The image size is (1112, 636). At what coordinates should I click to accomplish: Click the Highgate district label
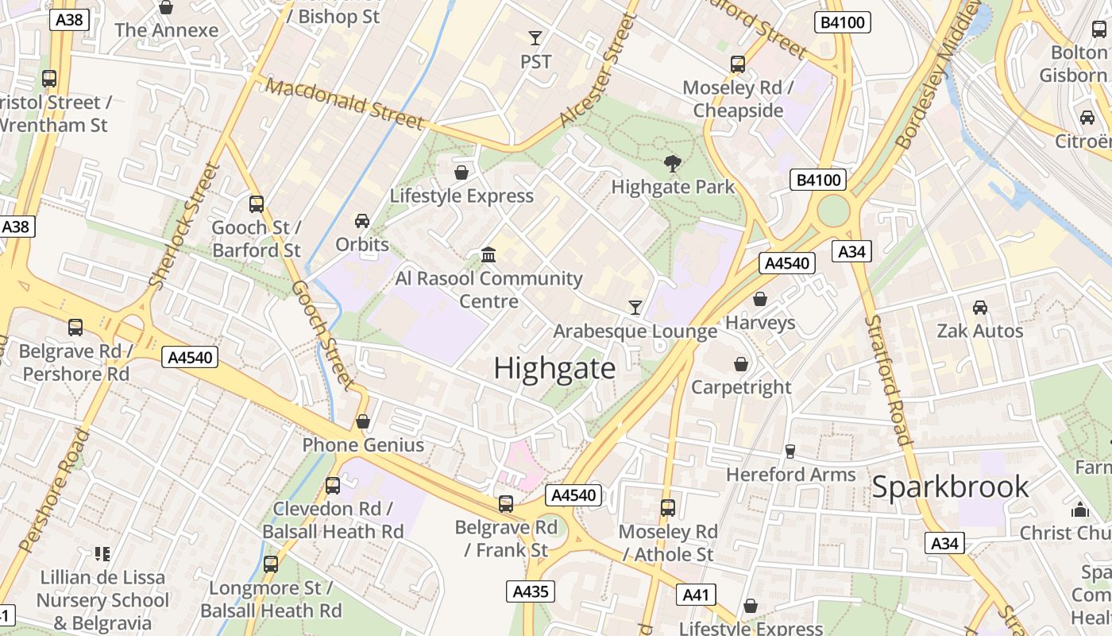pos(554,369)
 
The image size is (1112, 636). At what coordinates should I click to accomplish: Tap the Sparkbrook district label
pos(950,487)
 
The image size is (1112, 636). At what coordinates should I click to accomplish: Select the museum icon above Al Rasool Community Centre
pos(489,255)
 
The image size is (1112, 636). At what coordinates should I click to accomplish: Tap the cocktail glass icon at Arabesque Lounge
pos(635,308)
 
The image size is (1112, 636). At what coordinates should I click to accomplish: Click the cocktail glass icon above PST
pos(535,38)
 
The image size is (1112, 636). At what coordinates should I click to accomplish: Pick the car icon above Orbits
pos(362,221)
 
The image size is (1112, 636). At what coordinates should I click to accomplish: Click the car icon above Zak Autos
pos(980,308)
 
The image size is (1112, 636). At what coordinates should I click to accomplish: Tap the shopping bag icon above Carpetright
pos(741,364)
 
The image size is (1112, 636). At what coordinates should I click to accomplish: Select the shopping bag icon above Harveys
pos(760,300)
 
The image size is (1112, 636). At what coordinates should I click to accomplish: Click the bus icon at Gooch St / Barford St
pos(257,204)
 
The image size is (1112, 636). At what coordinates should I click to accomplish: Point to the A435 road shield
pos(530,591)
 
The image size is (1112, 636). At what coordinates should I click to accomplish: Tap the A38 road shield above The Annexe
pos(70,20)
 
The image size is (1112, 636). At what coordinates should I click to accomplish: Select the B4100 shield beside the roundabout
pos(819,180)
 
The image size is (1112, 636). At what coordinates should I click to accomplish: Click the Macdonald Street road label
pos(345,104)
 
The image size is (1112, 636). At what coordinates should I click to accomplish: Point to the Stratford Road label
pos(888,380)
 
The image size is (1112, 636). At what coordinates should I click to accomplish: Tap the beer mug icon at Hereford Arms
pos(790,452)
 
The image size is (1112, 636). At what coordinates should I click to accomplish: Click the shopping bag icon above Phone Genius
pos(363,421)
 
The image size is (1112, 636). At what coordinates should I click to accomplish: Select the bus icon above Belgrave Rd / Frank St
pos(506,504)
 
